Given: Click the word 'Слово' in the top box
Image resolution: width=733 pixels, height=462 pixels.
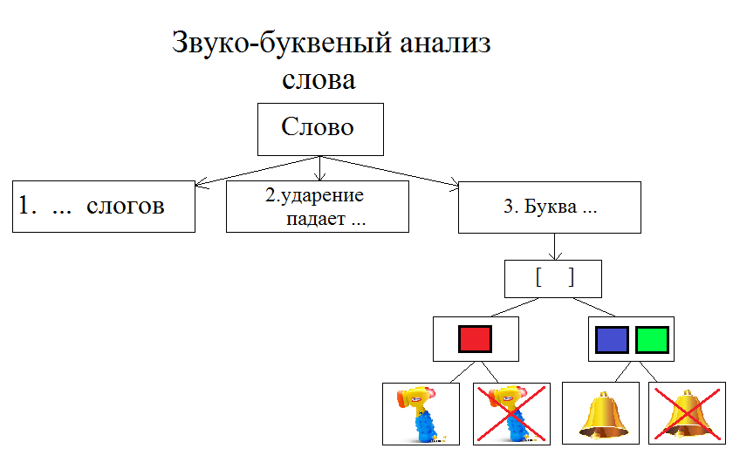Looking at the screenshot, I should tap(318, 127).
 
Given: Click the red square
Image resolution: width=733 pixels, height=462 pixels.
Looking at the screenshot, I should tap(476, 339).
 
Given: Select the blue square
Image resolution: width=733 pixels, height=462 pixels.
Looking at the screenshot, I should tap(612, 339).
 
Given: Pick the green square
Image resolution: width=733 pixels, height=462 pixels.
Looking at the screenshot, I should tap(652, 339).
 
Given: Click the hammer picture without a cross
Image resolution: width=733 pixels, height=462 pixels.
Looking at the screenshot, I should tap(421, 413).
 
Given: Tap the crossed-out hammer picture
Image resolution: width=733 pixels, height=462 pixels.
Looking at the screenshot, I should tap(511, 413).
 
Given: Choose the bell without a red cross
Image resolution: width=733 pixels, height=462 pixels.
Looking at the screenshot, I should tap(602, 413).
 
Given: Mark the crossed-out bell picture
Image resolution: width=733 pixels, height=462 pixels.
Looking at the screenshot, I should tap(687, 413).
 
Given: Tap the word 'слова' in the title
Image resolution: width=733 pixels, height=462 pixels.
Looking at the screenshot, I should tap(319, 80).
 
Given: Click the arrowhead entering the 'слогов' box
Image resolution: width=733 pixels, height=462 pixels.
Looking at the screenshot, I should tap(200, 184).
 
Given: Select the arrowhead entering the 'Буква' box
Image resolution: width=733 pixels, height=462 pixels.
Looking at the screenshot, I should tap(453, 184).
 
